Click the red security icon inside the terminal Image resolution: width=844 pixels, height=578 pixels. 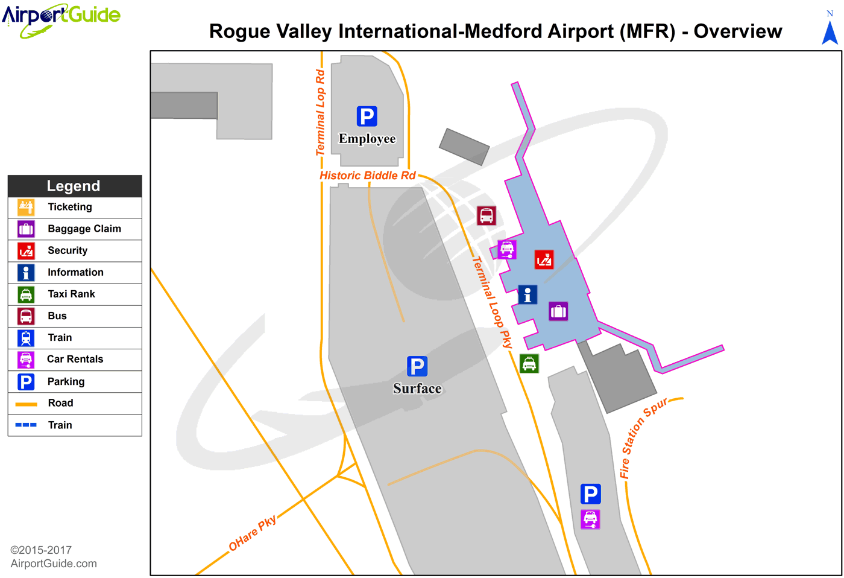coord(544,259)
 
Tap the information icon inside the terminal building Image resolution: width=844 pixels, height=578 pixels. coord(527,294)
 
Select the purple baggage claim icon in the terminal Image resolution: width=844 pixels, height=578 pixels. coord(558,311)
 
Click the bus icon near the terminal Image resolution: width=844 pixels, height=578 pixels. coord(487,215)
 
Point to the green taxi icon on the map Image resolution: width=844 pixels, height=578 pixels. coord(529,363)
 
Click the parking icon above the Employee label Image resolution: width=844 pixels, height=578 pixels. coord(367,116)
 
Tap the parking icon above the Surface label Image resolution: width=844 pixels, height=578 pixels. coord(417,366)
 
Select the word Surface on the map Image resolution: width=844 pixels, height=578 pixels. coord(417,389)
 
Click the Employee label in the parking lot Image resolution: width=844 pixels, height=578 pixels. coord(367,139)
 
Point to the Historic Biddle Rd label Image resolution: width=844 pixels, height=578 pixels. coord(368,176)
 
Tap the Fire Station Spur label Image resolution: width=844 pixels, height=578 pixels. coord(643,436)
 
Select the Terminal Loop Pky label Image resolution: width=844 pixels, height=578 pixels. coord(492,302)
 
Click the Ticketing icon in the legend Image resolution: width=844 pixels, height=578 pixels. coord(26,207)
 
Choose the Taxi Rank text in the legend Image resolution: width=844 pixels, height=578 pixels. coord(71,294)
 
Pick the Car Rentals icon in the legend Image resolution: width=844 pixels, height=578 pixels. coord(26,360)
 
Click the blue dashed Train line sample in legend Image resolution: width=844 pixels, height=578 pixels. coord(26,425)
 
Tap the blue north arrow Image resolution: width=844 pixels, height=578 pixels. coord(830,32)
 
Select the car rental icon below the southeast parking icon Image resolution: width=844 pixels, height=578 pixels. coord(590,519)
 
